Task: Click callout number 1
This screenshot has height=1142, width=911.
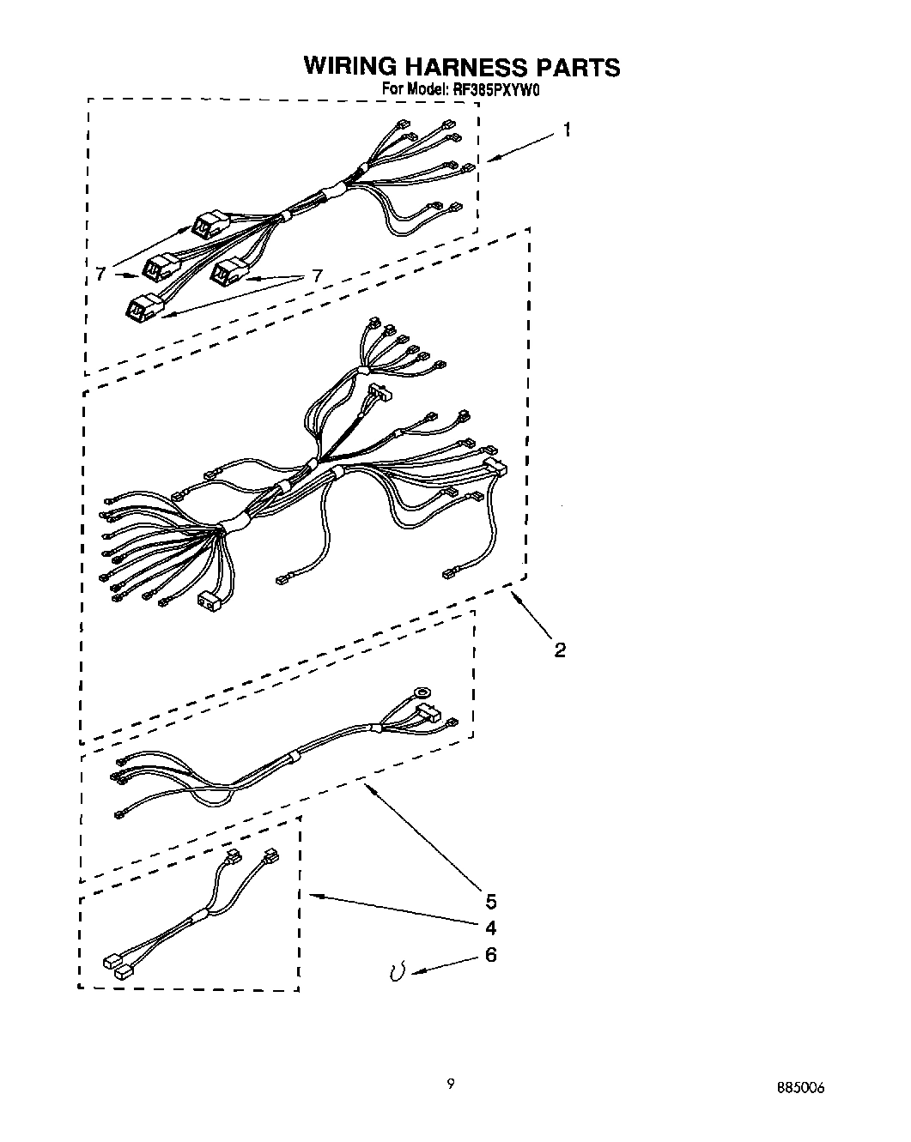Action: pyautogui.click(x=567, y=130)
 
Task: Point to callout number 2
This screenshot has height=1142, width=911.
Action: pyautogui.click(x=559, y=650)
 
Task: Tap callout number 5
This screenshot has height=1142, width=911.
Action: pyautogui.click(x=491, y=901)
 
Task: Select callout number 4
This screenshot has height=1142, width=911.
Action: pyautogui.click(x=491, y=927)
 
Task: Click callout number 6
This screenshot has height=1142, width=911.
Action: pyautogui.click(x=491, y=954)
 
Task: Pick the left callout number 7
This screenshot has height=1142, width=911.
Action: pyautogui.click(x=101, y=275)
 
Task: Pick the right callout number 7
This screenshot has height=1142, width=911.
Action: pyautogui.click(x=317, y=275)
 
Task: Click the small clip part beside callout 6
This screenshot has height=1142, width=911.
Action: pyautogui.click(x=397, y=971)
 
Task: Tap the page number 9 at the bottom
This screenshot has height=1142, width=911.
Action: pyautogui.click(x=450, y=1084)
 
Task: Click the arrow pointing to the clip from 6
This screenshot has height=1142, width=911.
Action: pyautogui.click(x=442, y=964)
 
